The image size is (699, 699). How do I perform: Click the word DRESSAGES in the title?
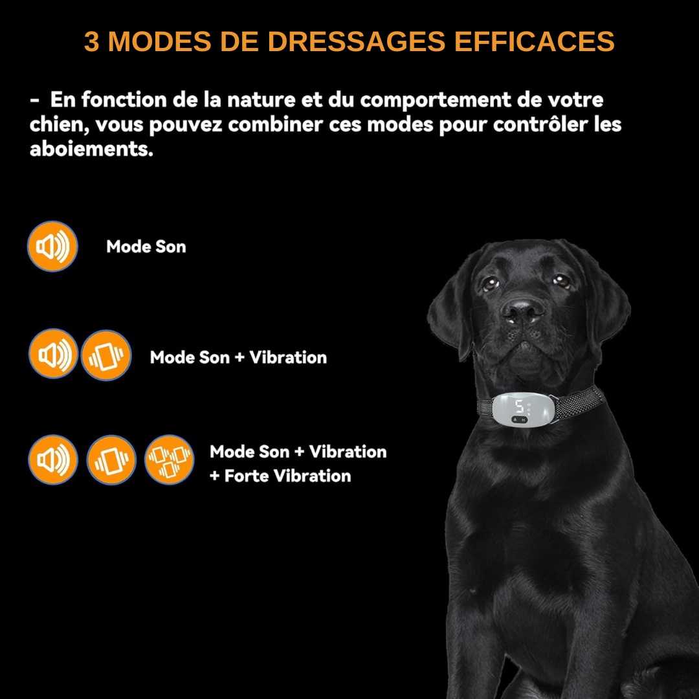[x=356, y=41]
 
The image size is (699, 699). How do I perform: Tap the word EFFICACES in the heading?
[x=534, y=41]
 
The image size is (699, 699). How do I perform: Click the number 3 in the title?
[x=91, y=41]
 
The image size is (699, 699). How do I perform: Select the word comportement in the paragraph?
[x=435, y=100]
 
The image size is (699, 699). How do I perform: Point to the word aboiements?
[x=91, y=148]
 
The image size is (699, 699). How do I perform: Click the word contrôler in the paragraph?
[x=540, y=124]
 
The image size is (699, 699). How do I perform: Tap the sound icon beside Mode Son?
[x=52, y=246]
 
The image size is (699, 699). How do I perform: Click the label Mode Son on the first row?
[x=146, y=247]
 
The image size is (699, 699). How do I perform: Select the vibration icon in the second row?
[x=106, y=355]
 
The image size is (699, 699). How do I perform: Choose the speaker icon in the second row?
[x=54, y=354]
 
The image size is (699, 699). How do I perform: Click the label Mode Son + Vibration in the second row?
[x=238, y=357]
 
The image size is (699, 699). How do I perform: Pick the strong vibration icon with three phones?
[x=170, y=460]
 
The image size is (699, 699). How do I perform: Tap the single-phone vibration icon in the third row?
[x=111, y=460]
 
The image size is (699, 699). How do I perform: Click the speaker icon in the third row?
[x=53, y=460]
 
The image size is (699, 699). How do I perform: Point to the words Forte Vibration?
[x=287, y=476]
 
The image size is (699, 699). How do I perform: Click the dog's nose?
[x=522, y=309]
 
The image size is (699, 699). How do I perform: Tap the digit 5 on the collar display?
[x=519, y=406]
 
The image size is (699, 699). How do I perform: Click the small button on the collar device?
[x=519, y=419]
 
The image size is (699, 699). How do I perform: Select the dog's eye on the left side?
[x=491, y=283]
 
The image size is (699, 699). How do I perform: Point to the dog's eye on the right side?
[x=560, y=280]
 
